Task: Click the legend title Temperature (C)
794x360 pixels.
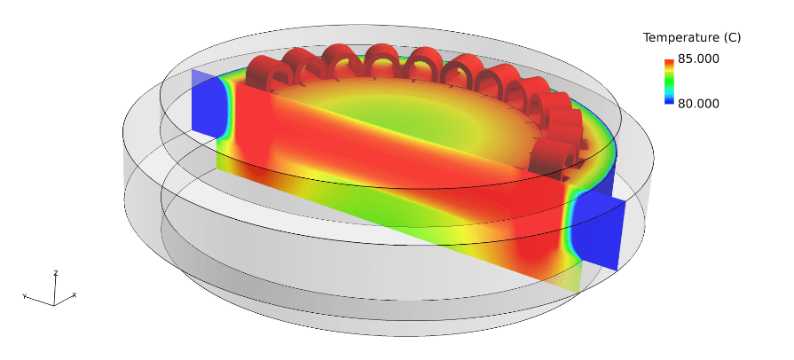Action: [692, 37]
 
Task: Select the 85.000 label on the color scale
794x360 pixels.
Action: [698, 59]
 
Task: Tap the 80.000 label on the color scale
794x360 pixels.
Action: [698, 103]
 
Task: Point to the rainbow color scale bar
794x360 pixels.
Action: [669, 82]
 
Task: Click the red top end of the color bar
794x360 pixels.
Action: [669, 62]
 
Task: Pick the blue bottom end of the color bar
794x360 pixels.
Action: [669, 101]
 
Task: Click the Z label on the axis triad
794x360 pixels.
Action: [56, 273]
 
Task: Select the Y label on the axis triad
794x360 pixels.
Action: [24, 296]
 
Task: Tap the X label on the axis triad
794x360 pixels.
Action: [75, 294]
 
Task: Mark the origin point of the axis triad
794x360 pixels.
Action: [54, 305]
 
